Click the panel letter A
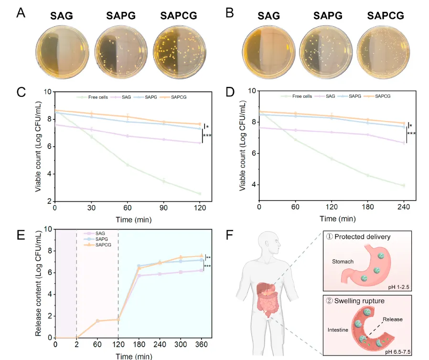click(x=21, y=13)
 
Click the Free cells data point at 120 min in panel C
click(x=200, y=193)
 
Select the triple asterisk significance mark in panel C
click(x=207, y=136)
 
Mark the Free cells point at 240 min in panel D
click(x=404, y=186)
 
